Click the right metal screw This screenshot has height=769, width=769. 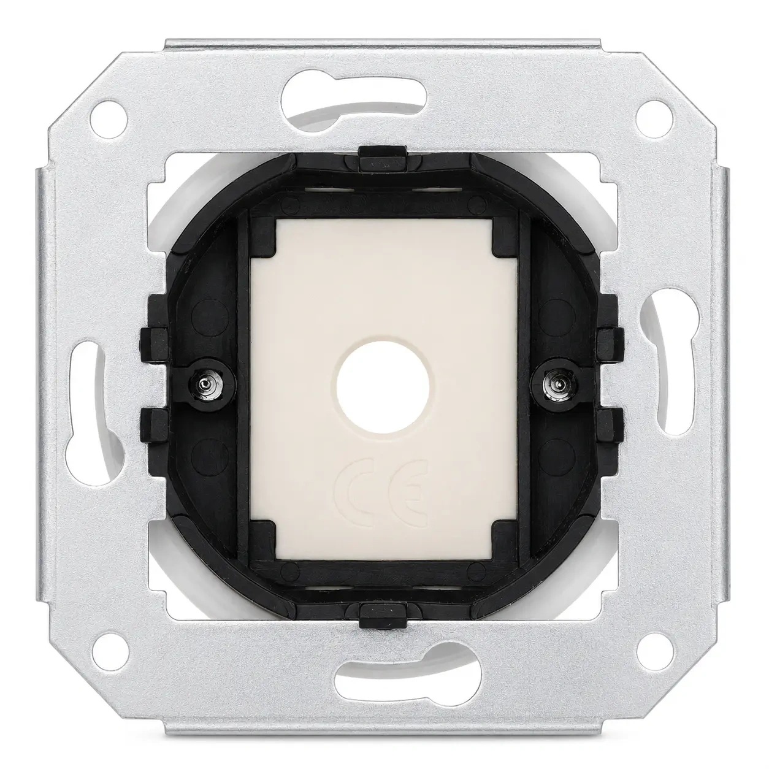555,385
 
